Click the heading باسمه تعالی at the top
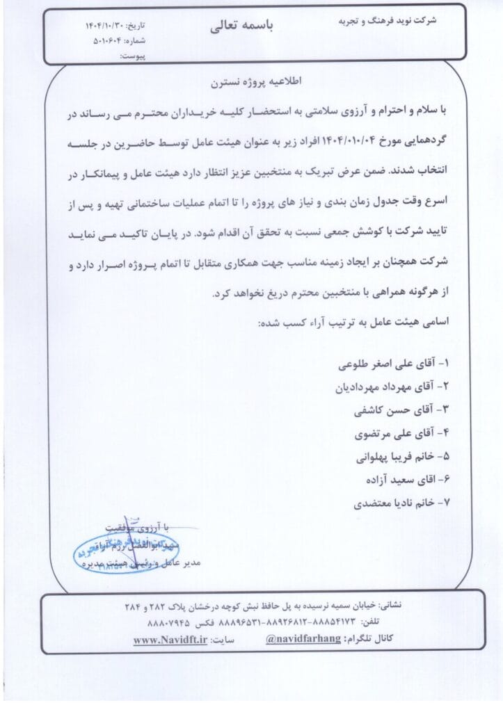click(x=242, y=26)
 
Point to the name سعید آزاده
click(x=387, y=480)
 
